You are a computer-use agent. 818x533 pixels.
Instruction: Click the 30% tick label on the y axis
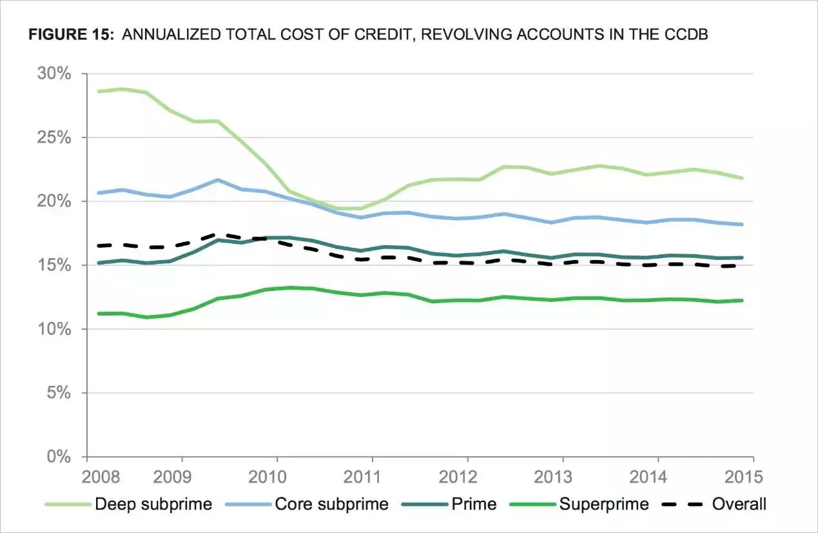point(55,74)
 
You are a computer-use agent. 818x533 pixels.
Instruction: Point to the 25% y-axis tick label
point(55,137)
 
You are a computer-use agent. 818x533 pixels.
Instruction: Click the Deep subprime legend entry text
point(153,504)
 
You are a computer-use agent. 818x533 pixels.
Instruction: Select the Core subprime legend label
point(331,504)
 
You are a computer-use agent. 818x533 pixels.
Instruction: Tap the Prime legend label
point(476,504)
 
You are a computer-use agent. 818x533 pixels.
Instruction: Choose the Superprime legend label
point(605,504)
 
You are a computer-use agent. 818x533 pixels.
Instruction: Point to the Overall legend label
point(739,504)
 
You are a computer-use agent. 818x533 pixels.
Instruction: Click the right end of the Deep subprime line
point(743,178)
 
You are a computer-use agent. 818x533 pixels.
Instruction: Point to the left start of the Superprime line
point(98,314)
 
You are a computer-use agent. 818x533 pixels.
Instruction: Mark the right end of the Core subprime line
point(743,225)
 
